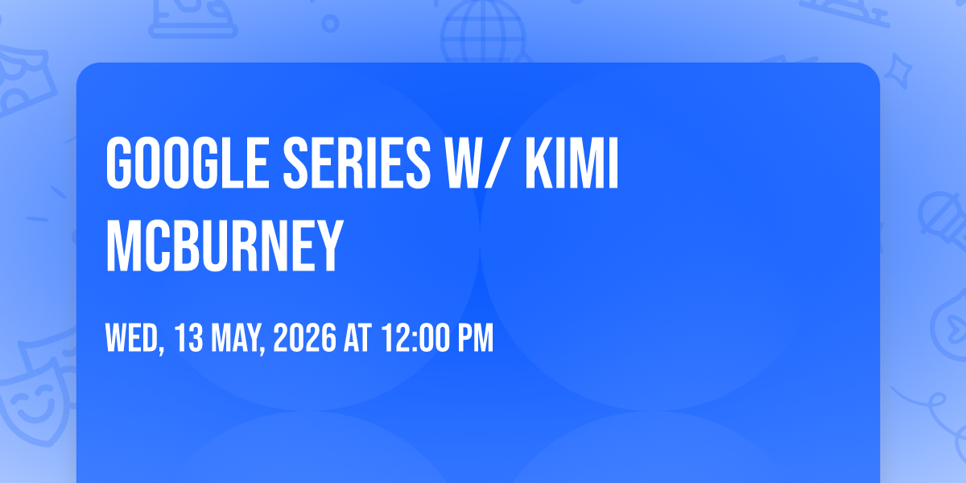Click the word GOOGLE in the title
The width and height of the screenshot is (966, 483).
click(188, 163)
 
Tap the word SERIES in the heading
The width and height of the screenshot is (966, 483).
click(357, 163)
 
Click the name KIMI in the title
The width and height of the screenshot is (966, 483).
click(572, 163)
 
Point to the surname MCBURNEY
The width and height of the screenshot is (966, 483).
click(225, 246)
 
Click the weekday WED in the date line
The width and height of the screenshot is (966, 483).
click(132, 338)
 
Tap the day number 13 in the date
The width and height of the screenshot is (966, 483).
click(188, 338)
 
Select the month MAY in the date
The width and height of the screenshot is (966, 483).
click(235, 338)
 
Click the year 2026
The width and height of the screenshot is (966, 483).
click(304, 338)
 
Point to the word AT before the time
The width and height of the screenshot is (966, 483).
click(357, 338)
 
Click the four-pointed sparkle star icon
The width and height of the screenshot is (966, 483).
click(898, 70)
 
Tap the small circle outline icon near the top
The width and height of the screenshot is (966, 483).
click(330, 23)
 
